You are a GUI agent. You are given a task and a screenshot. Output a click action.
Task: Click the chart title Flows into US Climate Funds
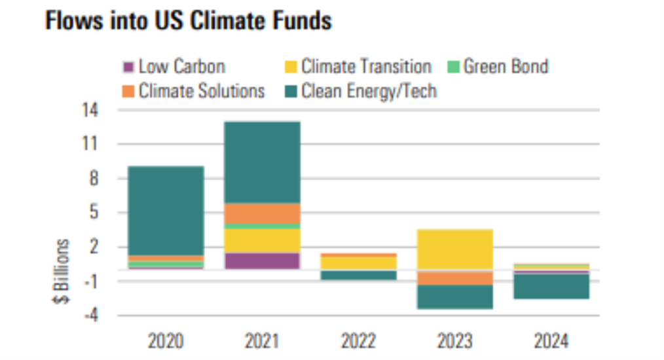coord(188,22)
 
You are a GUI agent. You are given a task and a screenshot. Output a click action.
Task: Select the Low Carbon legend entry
coord(174,67)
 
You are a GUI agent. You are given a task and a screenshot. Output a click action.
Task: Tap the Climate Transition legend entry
coord(359,67)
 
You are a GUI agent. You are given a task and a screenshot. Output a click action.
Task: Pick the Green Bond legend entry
coord(498,67)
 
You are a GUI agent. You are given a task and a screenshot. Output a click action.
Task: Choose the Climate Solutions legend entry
coord(194,91)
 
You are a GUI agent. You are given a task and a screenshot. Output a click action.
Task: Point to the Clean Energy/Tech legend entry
coord(361,91)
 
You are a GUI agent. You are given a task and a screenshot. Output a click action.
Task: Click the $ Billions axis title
coord(62,271)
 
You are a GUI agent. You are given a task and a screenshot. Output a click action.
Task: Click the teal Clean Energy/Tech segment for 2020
coord(166,209)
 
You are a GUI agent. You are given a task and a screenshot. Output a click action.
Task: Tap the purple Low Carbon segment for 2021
coord(262,260)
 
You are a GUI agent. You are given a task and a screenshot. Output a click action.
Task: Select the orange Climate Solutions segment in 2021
coord(262,213)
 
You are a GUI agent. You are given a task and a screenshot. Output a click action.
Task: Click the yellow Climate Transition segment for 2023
coord(454,249)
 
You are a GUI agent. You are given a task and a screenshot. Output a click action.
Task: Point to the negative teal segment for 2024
coord(551,286)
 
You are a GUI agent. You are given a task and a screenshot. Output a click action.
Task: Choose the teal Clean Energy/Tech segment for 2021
coord(262,162)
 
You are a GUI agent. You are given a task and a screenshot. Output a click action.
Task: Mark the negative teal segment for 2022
coord(358,275)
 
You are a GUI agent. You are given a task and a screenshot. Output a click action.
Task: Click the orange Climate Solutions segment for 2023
coord(454,278)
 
